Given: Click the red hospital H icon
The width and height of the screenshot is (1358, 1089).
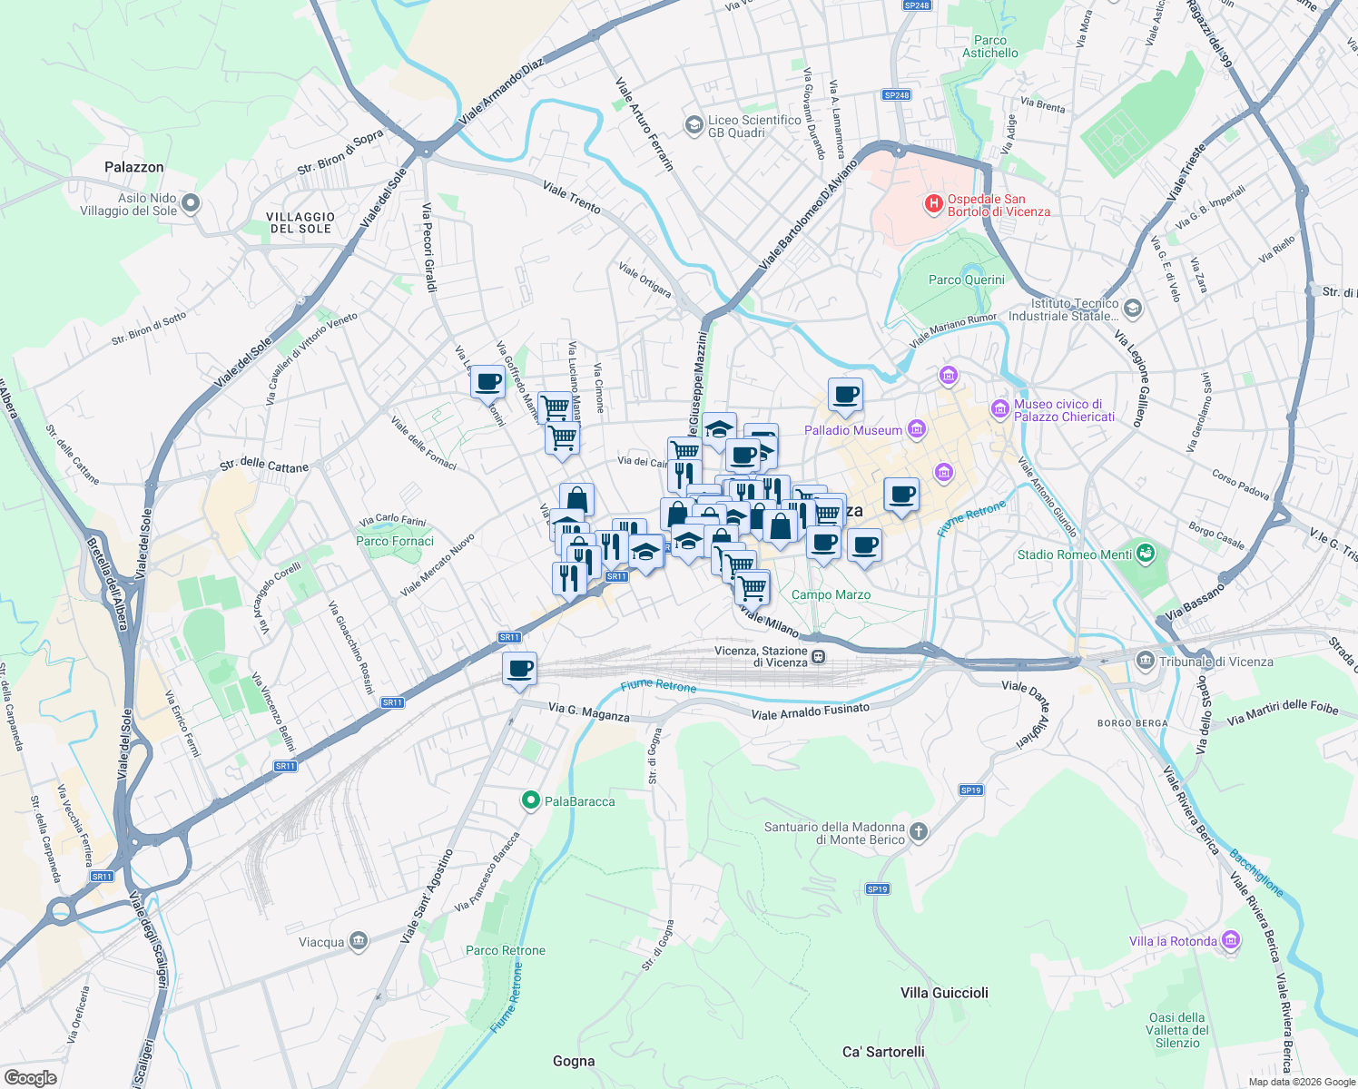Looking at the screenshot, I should click(x=933, y=204).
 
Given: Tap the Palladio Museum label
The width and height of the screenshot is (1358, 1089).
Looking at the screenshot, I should click(x=853, y=430).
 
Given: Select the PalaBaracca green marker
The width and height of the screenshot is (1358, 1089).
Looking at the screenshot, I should click(x=530, y=800).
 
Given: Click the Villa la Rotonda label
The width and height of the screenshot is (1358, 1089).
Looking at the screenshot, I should click(x=1173, y=941).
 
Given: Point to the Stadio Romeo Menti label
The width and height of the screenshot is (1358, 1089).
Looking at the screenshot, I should click(x=1074, y=554).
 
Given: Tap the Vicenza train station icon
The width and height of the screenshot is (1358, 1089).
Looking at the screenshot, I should click(x=819, y=656).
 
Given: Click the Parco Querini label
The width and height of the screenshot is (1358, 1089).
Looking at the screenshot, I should click(x=966, y=280).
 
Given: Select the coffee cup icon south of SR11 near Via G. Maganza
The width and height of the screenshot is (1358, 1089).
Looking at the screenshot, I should click(x=519, y=670).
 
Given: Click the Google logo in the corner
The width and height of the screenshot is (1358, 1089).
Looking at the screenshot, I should click(x=30, y=1077).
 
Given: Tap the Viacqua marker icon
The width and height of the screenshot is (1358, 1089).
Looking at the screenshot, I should click(x=359, y=941).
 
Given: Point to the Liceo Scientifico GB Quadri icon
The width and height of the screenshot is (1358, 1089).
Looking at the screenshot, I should click(x=694, y=124).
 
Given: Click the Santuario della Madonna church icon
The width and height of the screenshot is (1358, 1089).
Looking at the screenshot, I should click(x=919, y=832).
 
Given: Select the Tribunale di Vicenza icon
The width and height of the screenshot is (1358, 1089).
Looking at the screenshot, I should click(x=1145, y=661).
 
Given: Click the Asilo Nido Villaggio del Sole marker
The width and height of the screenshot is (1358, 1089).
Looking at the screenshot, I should click(x=190, y=203).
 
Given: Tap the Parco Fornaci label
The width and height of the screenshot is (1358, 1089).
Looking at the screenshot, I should click(x=395, y=541).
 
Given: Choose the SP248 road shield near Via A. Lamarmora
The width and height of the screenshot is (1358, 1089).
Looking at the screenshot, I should click(x=896, y=94).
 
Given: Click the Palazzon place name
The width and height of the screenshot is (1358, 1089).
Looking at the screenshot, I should click(x=134, y=167).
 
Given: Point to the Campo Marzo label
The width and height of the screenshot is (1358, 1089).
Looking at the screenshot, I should click(x=831, y=594).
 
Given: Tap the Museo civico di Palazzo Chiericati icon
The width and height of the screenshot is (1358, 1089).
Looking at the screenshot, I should click(x=1000, y=410).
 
